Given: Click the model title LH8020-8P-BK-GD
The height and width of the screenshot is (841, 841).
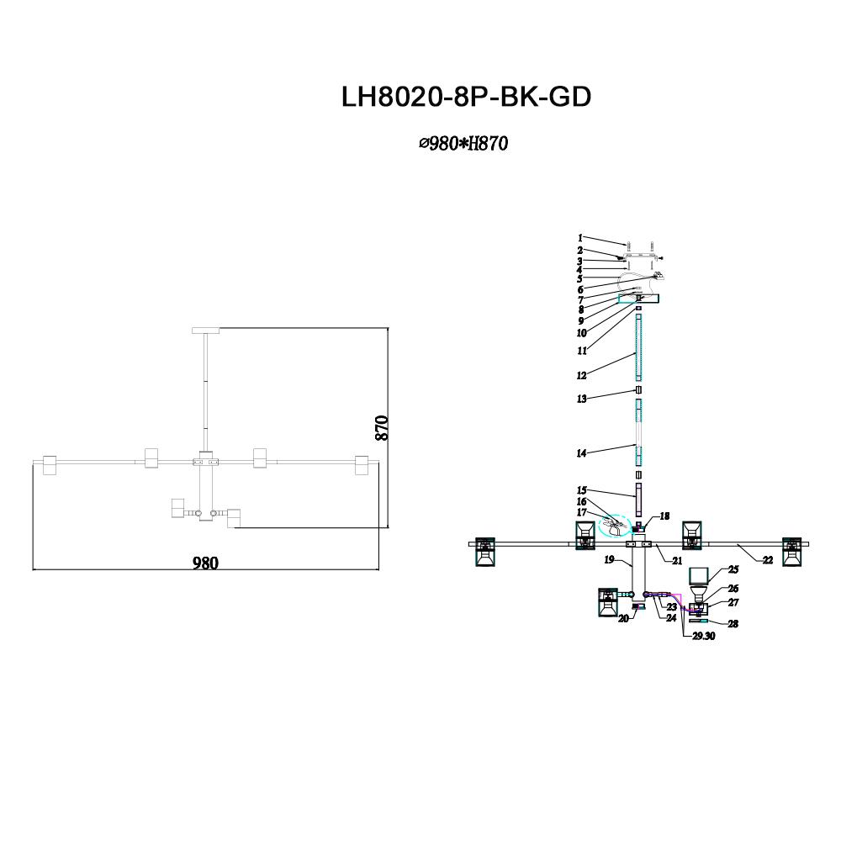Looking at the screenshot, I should [466, 98].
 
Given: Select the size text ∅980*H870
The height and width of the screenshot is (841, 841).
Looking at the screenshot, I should [463, 144].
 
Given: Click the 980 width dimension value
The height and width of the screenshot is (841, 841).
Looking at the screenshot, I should [204, 563].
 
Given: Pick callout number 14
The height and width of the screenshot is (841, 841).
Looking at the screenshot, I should [581, 453].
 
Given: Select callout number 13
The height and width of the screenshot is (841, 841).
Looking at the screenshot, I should [580, 399].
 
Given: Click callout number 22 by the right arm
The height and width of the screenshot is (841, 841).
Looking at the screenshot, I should [767, 560].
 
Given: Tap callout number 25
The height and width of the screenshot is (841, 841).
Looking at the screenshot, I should [733, 569].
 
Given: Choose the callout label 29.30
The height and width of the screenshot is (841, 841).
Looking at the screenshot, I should [703, 637].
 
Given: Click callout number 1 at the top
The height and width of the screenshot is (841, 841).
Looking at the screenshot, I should [579, 238].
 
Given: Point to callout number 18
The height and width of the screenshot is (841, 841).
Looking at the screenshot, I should [664, 517].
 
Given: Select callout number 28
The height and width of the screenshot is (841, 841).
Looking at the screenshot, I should [733, 624].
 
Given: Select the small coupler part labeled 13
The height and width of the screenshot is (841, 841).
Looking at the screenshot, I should [638, 391].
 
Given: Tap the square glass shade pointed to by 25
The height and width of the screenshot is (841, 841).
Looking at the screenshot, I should [701, 577].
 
